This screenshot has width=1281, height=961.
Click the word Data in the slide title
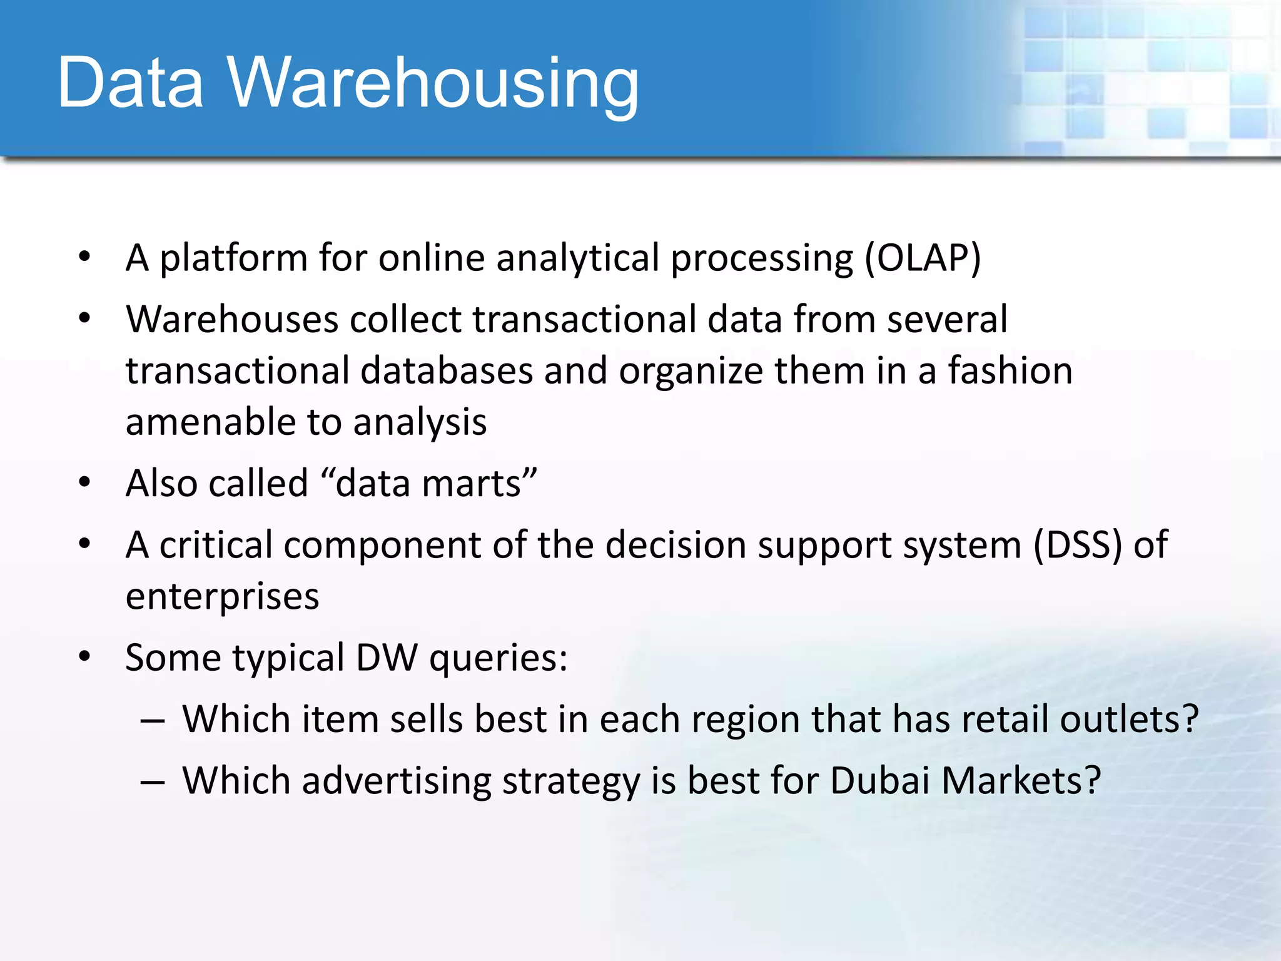(x=130, y=83)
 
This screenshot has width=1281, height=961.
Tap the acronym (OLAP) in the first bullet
(x=923, y=258)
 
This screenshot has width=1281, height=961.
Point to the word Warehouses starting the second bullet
(x=232, y=320)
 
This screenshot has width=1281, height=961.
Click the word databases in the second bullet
(x=446, y=371)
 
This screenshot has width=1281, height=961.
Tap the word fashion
(x=1010, y=371)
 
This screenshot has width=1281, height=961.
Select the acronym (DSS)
(x=1077, y=545)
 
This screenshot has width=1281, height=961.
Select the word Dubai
(x=879, y=781)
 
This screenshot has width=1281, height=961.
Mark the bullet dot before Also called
(x=85, y=482)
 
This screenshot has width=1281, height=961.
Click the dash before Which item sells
(x=153, y=721)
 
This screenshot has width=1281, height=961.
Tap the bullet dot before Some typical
(x=85, y=657)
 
